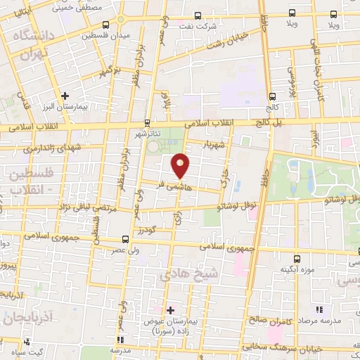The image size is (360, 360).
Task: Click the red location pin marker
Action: point(181,165)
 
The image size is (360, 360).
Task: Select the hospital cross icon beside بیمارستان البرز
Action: point(65,95)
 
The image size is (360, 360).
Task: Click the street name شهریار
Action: point(214,144)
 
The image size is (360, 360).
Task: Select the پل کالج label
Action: point(270,122)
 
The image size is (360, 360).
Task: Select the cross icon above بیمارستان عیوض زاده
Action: point(170,310)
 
